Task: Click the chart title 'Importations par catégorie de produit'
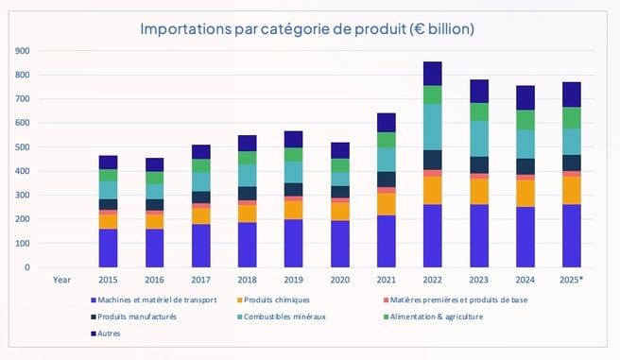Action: coord(308,29)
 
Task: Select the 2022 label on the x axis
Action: coord(432,280)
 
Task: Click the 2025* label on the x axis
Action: coord(571,280)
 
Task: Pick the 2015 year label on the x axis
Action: coord(108,280)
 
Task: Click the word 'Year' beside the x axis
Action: coord(61,280)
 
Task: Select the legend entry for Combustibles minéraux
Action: coord(285,317)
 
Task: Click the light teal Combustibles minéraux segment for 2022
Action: coord(432,127)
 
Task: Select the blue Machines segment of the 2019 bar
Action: coord(293,243)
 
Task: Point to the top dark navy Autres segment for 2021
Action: coord(386,122)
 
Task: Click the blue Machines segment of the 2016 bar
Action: coord(154,248)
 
